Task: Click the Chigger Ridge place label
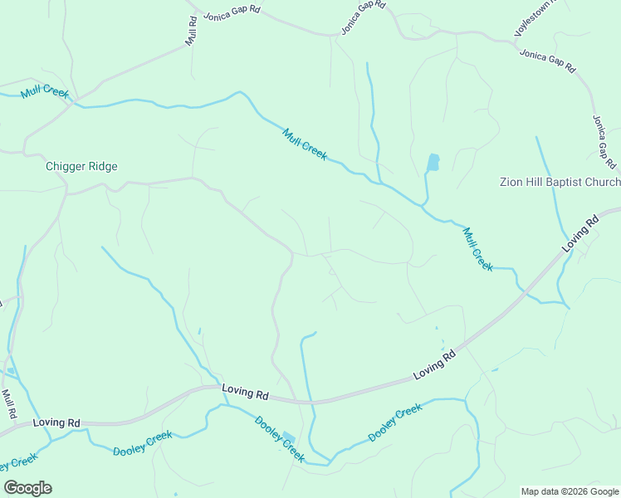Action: click(81, 166)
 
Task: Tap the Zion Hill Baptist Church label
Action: click(560, 183)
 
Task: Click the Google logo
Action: click(27, 488)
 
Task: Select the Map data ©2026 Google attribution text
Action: click(569, 491)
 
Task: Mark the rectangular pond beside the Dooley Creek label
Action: click(289, 437)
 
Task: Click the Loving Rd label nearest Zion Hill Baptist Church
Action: click(579, 234)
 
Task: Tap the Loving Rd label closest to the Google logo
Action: click(56, 423)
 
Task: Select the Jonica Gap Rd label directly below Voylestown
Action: click(547, 61)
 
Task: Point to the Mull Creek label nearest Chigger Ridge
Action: click(45, 91)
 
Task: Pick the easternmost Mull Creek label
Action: click(477, 249)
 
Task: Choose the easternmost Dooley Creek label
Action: click(395, 422)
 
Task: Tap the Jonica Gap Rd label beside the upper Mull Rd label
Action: click(232, 13)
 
